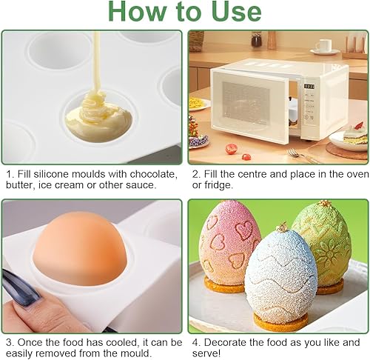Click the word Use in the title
point(236,12)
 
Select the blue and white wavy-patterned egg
point(281,274)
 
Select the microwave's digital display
point(309,87)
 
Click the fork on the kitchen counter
point(304,156)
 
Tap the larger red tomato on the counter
point(231,149)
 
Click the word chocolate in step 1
point(154,174)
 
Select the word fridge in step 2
point(216,185)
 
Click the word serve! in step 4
point(206,353)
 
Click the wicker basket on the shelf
point(196,41)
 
